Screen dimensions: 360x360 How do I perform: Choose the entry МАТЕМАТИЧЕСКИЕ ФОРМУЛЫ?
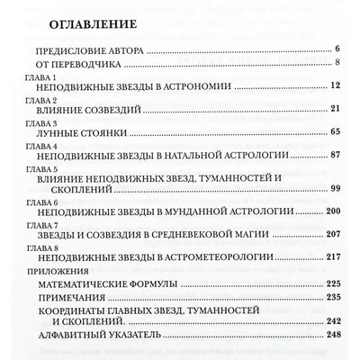[99, 285]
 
